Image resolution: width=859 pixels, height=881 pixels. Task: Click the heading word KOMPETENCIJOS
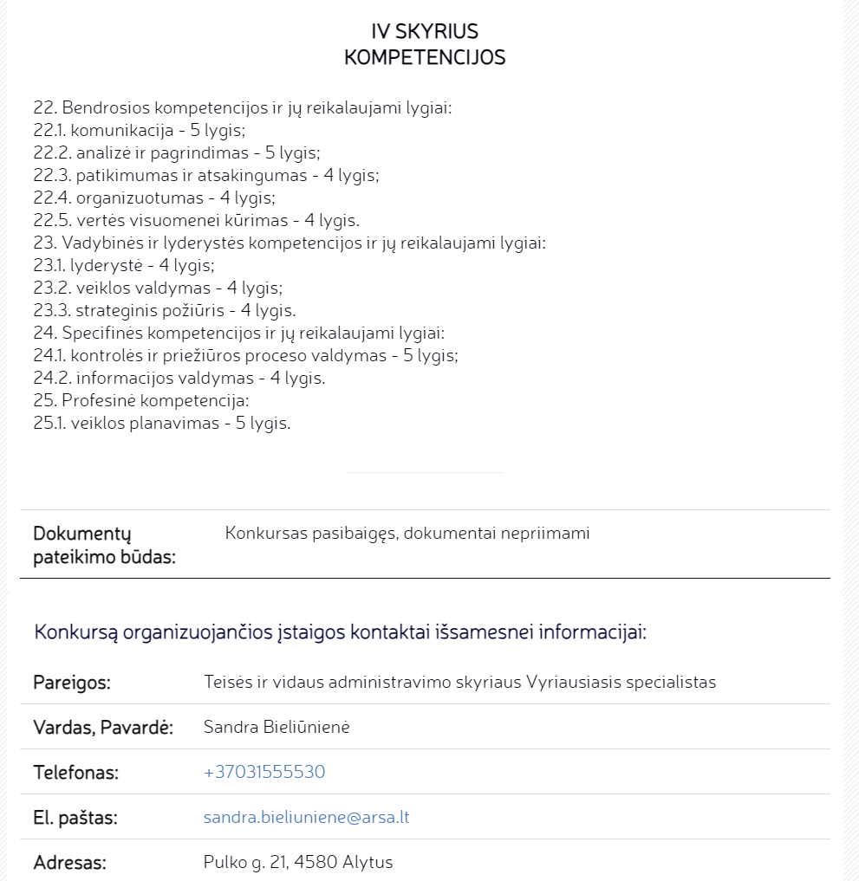pos(425,58)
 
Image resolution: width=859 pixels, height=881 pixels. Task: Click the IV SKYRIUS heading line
pos(425,32)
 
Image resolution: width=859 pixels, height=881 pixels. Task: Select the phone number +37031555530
pos(264,772)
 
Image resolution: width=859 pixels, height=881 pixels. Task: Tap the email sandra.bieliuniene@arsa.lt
pos(306,817)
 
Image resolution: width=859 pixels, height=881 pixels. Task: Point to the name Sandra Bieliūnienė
pos(276,727)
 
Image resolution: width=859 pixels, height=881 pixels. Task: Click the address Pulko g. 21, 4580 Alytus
pos(298,862)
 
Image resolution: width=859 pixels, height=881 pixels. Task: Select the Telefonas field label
pos(75,772)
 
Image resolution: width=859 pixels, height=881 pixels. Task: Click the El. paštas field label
pos(75,817)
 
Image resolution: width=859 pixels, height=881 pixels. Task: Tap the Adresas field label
pos(69,862)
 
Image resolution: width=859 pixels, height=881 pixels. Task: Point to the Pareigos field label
pos(72,682)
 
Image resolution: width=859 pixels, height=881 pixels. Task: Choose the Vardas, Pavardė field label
pos(103,727)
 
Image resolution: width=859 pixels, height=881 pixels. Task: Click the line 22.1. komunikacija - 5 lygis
pos(140,131)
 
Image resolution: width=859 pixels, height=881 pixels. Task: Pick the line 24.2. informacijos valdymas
pos(179,379)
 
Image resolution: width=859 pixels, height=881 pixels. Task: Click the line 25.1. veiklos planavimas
pos(162,424)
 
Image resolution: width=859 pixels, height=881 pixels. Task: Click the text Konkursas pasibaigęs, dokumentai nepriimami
pos(407,533)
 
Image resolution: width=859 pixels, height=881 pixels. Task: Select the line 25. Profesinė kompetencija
pos(141,401)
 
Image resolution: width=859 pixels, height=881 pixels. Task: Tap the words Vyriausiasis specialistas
pos(621,682)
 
